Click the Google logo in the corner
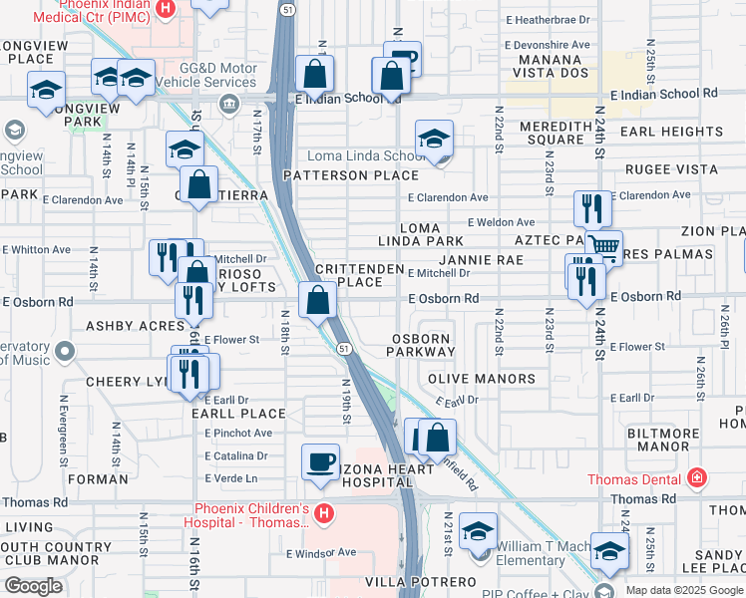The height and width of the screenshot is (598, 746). tap(33, 586)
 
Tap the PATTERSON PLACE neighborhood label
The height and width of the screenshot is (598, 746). tap(349, 175)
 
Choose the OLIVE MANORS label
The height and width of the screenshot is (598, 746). tap(482, 380)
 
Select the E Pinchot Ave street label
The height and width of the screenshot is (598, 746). tap(238, 434)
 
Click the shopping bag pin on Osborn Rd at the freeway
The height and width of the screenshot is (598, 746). tap(317, 299)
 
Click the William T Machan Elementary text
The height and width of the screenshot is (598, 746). tap(547, 553)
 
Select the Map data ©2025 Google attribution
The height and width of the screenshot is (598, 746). tap(684, 590)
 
